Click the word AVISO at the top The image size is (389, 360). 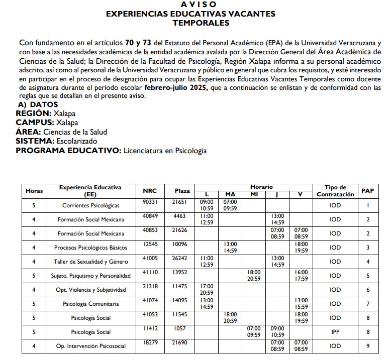pos(190,5)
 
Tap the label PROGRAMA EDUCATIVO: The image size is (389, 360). pos(68,151)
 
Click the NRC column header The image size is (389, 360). pos(150,191)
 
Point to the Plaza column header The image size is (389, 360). pos(182,191)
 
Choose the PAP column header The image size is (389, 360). pos(368,191)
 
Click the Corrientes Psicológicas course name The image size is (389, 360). pos(90,206)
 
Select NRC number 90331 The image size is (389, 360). pos(150,202)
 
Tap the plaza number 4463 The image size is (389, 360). pos(182,216)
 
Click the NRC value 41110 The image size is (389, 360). pos(150,272)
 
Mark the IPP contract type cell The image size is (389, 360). pos(335,332)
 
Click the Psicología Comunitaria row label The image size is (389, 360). pos(90,304)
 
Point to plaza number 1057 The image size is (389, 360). pos(182,328)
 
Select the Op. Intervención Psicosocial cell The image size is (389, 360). pos(90,346)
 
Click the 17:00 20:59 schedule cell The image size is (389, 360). pos(207,290)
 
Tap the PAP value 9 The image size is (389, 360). pos(368,346)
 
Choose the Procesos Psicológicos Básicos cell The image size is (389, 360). pos(90,248)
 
